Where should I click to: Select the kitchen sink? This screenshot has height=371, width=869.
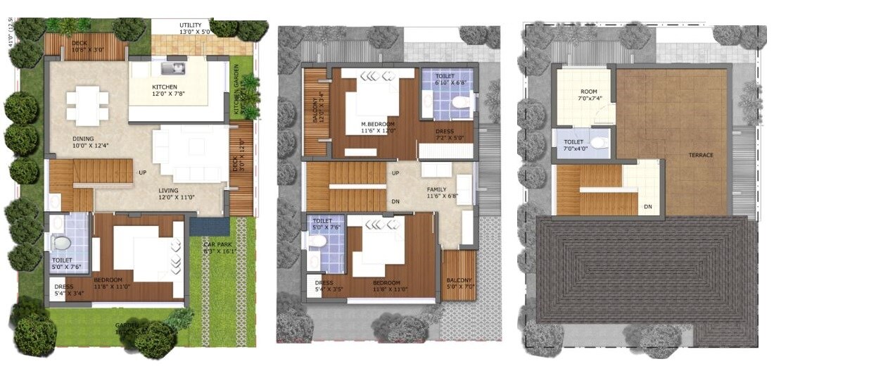click(172, 68)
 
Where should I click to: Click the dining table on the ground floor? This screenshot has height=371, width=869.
click(88, 105)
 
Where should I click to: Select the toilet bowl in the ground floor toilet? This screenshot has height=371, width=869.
click(62, 243)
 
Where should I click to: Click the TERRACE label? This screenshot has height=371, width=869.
click(701, 155)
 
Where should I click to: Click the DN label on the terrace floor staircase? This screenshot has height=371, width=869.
click(647, 207)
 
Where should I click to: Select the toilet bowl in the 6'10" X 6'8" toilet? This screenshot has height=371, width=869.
click(461, 102)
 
